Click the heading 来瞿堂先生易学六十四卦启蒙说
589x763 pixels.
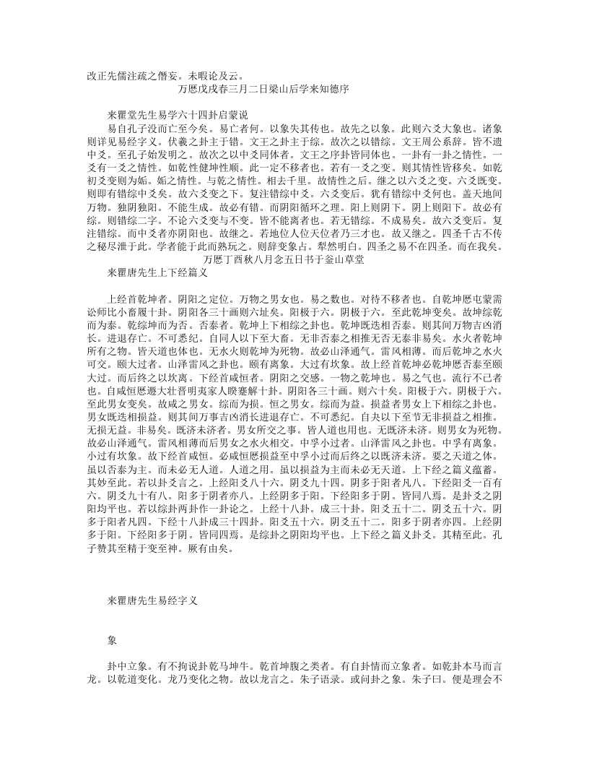(178, 115)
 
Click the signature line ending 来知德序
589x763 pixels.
(263, 90)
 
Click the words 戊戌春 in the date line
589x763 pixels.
(211, 90)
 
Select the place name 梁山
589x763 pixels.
(277, 90)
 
